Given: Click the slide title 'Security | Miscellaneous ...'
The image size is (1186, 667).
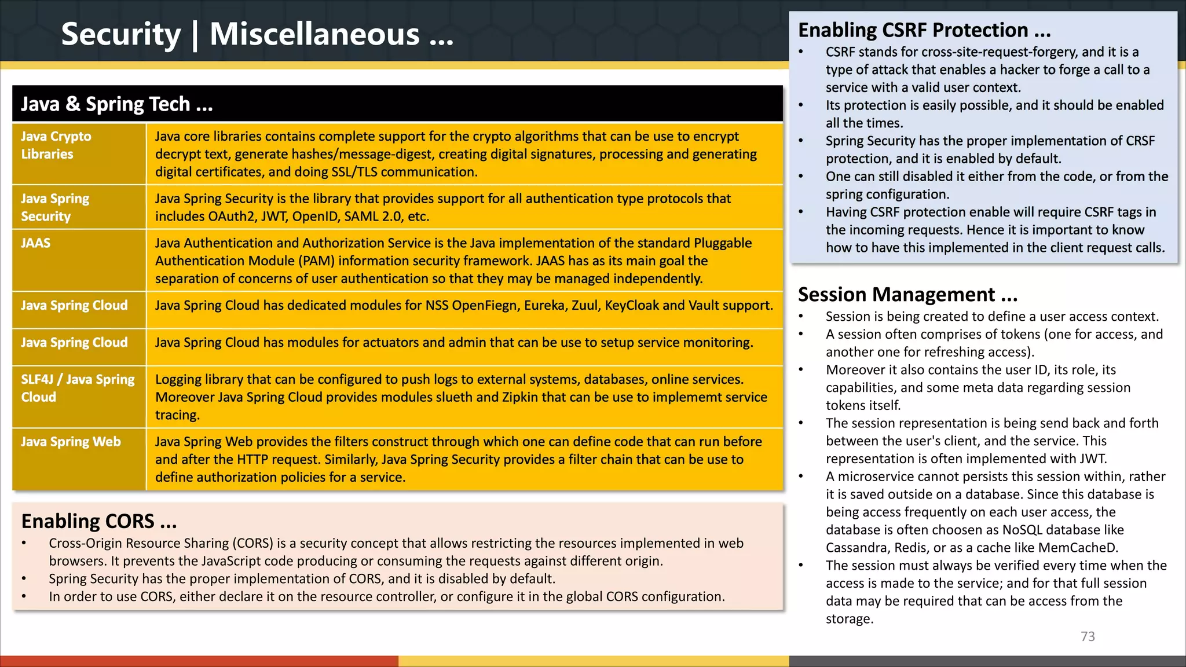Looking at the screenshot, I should click(257, 35).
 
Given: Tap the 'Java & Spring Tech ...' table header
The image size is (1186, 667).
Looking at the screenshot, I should click(117, 104).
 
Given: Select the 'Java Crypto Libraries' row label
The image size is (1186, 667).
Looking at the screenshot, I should click(56, 145).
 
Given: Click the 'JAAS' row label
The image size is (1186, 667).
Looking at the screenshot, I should click(36, 243).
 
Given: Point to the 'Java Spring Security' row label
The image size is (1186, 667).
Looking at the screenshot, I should click(55, 207).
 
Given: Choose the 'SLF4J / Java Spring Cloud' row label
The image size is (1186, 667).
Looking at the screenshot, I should click(78, 388).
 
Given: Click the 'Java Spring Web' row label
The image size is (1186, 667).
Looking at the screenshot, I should click(71, 442).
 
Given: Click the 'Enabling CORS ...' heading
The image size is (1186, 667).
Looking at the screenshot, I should click(99, 521).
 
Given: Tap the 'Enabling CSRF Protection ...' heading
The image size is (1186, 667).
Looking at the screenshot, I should click(924, 30).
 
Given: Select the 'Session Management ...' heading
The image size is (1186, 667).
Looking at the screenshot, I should click(907, 295).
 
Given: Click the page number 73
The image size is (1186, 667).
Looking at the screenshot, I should click(1088, 636).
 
